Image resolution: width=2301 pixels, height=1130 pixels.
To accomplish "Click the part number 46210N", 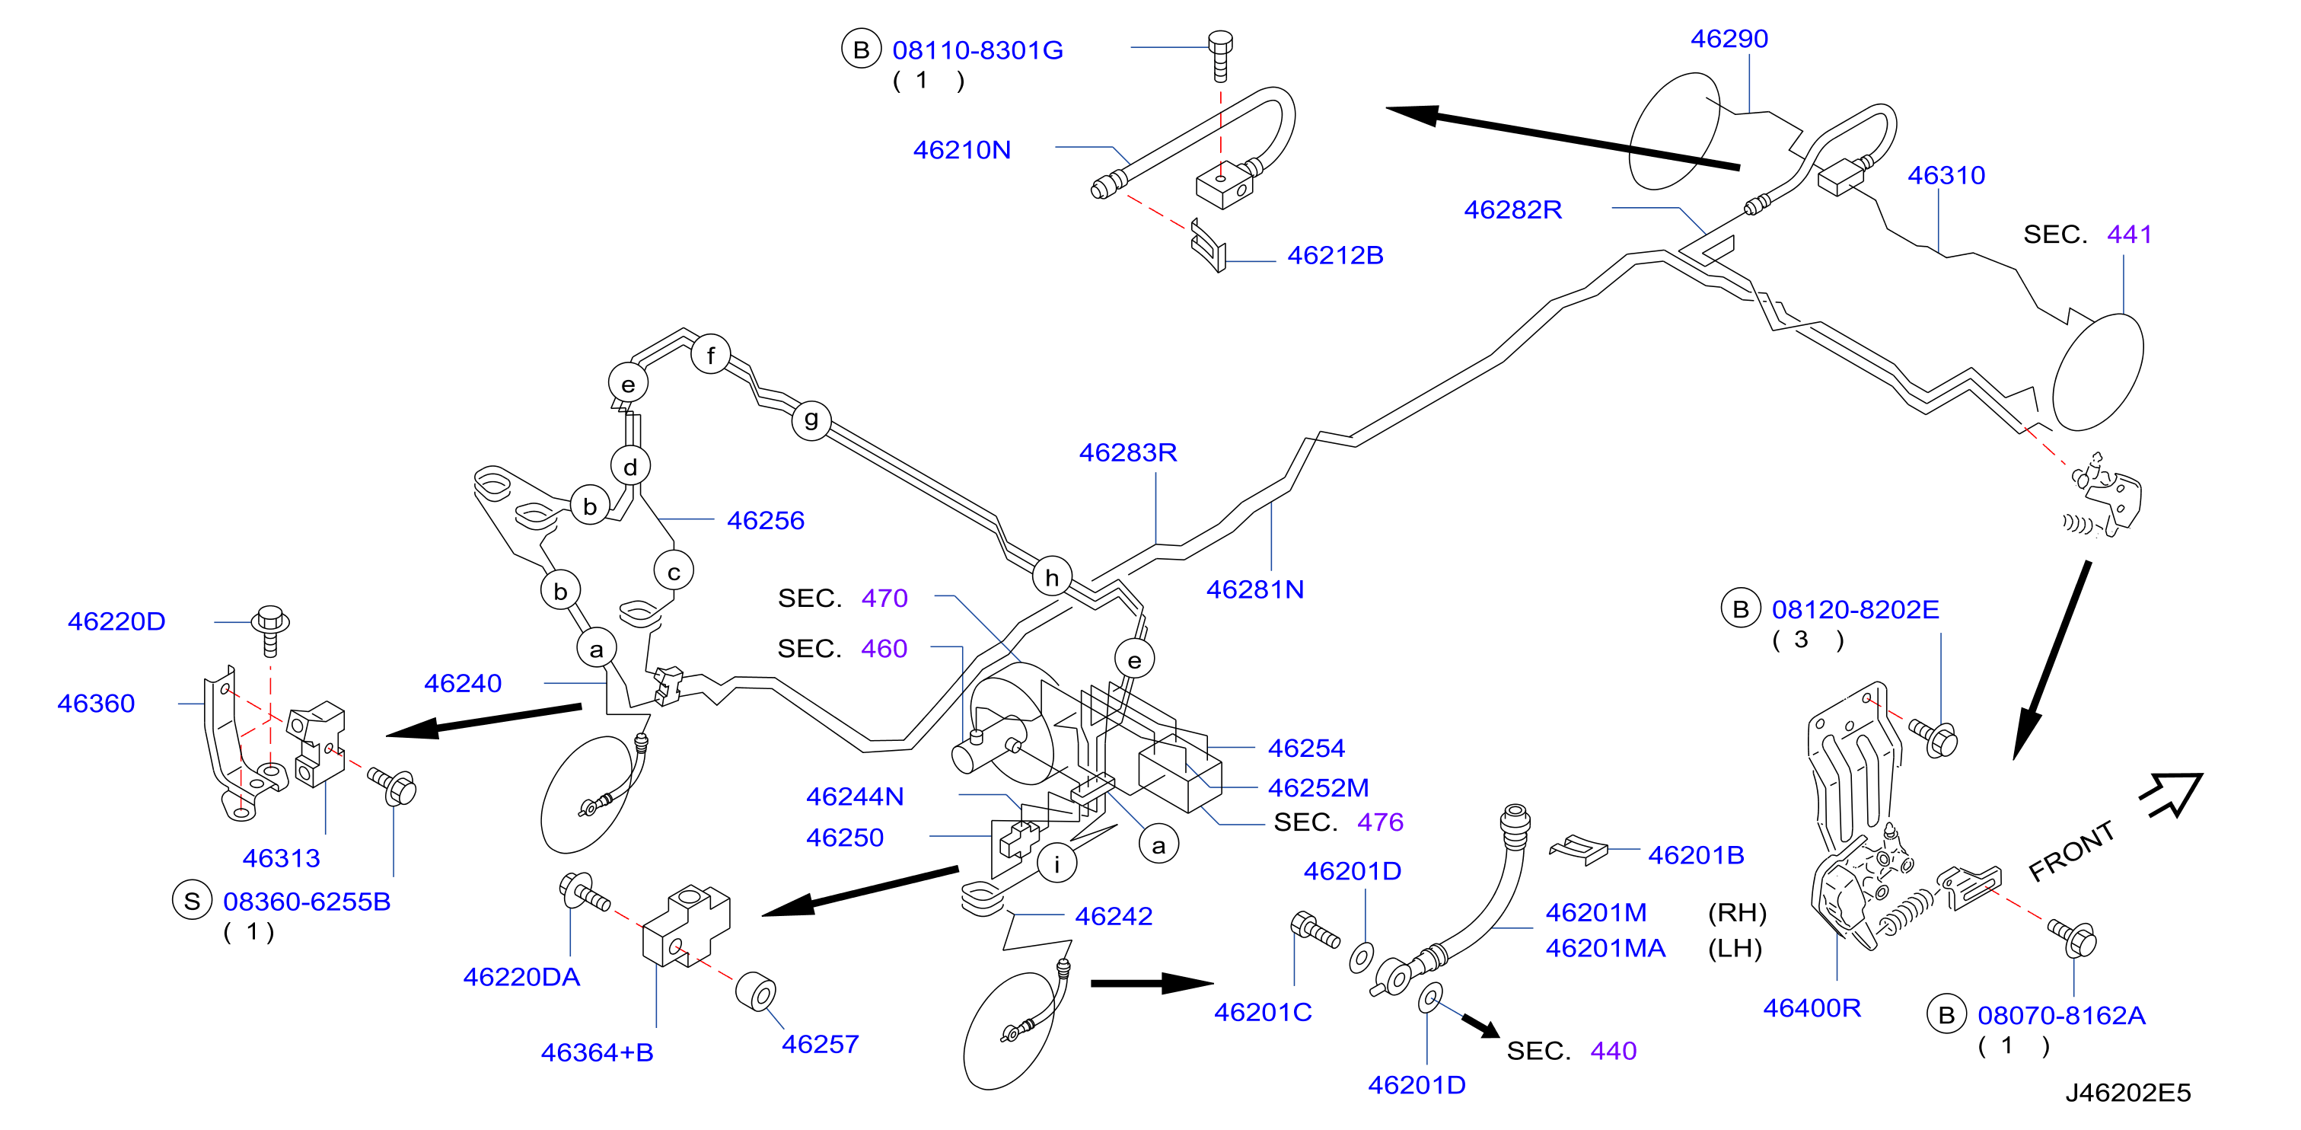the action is coord(961,150).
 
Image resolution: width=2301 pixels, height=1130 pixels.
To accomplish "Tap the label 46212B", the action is coord(1334,256).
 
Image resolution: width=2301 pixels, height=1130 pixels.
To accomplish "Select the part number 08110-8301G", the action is coord(977,51).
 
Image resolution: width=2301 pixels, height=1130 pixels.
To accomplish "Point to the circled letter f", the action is coord(710,356).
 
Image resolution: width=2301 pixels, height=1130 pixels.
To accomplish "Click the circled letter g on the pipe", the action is coord(811,419).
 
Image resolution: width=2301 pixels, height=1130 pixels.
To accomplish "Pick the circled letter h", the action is coord(1051,578).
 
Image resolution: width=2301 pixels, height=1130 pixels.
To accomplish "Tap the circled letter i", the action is coord(1056,863).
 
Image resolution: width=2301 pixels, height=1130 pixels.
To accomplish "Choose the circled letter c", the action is coord(674,572).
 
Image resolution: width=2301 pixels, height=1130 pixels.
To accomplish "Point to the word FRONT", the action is coord(2071,851).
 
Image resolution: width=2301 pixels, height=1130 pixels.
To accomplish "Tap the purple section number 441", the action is coord(2129,234).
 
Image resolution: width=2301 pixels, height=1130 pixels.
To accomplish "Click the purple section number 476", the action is coord(1380,822).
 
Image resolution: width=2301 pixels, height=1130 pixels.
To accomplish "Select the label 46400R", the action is coord(1812,1007).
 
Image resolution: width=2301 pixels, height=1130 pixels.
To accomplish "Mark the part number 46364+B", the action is coord(597,1052).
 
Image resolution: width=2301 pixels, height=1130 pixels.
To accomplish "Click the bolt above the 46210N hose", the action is coord(1220,56).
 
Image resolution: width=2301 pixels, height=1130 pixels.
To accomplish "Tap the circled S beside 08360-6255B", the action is coord(191,902).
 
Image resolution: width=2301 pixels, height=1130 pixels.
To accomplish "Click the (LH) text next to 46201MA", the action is coord(1735,948).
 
